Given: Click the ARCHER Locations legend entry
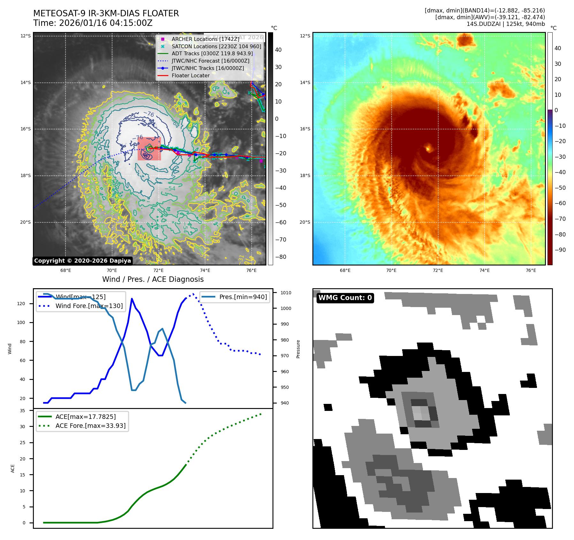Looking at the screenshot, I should tap(205, 39).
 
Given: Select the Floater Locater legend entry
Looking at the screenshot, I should tap(190, 76).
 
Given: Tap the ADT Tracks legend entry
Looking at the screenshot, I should tap(212, 54).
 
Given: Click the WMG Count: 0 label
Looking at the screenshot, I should tap(345, 298).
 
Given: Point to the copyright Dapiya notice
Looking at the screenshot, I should tap(82, 261).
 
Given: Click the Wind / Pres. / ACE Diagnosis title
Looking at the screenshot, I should tap(153, 279).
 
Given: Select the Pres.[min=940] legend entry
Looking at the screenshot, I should tap(243, 297).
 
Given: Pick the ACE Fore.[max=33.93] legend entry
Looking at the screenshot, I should tap(90, 426).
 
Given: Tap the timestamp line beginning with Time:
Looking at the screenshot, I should tap(93, 23).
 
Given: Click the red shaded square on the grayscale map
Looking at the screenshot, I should tap(149, 149).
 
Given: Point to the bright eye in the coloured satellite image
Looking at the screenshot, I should tap(428, 149).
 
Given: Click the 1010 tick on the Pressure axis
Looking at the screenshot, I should tap(286, 293).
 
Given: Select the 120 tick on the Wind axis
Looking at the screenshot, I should tap(21, 304).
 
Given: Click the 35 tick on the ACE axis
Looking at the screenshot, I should tap(22, 411).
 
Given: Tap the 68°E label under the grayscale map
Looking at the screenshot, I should tap(65, 271).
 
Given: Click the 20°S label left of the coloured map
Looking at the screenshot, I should tap(305, 222).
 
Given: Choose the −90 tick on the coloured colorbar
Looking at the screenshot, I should tap(560, 250).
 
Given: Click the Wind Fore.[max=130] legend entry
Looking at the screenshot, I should tap(89, 306).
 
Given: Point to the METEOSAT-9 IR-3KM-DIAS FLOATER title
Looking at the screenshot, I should tap(106, 13).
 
